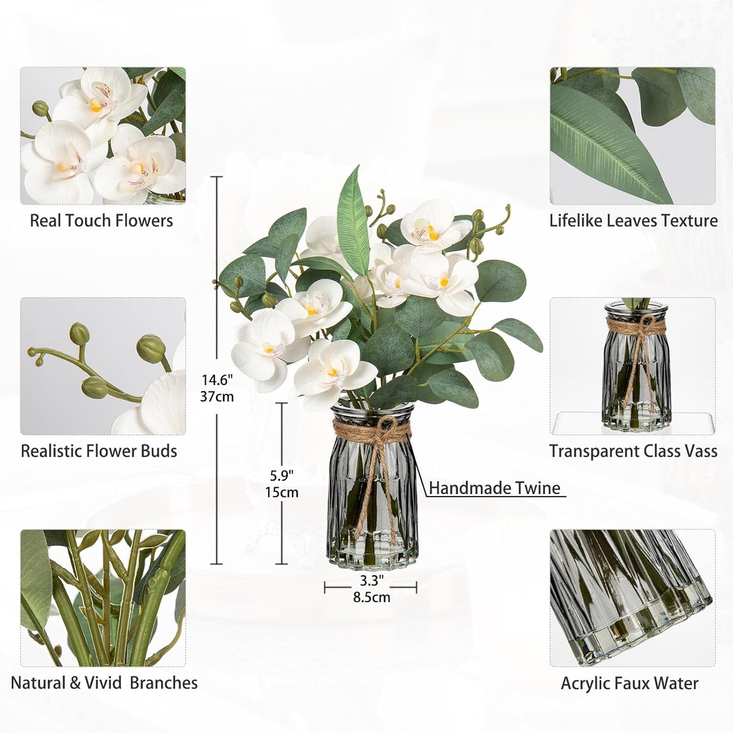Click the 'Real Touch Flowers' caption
pos(101,221)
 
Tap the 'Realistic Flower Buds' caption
pos(99,451)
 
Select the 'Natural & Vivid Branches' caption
pos(104,682)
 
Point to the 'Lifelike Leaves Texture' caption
pos(634,221)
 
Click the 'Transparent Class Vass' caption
pos(634,451)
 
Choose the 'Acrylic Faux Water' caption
pos(630,683)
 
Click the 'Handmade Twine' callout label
pos(495,488)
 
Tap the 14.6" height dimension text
pos(217,379)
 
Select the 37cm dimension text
pos(217,396)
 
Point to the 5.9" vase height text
pos(282,475)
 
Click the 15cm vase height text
pos(282,493)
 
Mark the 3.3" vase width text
pos(372,580)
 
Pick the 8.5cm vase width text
pos(372,597)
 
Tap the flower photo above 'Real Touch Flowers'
pos(103,136)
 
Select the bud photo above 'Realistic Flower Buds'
pos(103,366)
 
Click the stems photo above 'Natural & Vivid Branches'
pos(103,599)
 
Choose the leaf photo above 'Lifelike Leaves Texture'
pos(633,136)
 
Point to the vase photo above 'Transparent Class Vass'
pos(633,366)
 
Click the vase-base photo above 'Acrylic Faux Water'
pos(633,599)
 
